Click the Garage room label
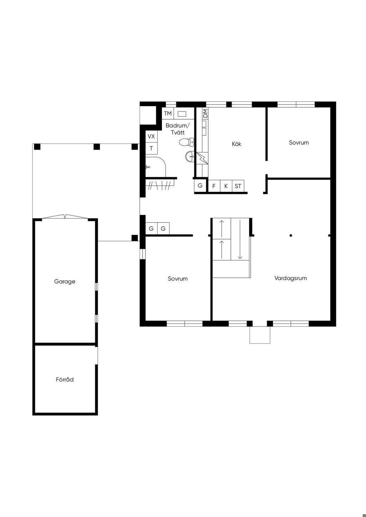tap(65, 282)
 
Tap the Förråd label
tap(65, 380)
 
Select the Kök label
tap(236, 144)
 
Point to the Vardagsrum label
tap(291, 278)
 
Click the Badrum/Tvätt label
tap(178, 129)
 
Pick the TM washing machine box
tap(168, 113)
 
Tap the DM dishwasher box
tap(205, 113)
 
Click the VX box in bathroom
tap(151, 136)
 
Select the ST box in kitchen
tap(238, 186)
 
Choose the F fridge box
tap(214, 186)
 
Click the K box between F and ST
tap(226, 186)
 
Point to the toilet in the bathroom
tap(187, 142)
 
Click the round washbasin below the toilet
tap(190, 157)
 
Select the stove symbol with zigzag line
tap(202, 158)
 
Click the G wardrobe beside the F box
tap(200, 185)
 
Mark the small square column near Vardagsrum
tap(291, 235)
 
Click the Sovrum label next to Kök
tap(299, 142)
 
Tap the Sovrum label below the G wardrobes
tap(178, 278)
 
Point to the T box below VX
tap(151, 149)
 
